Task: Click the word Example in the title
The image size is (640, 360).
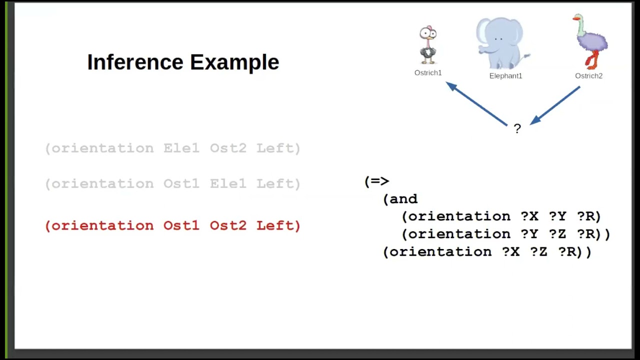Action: [x=234, y=62]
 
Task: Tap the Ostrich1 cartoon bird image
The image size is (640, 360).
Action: [x=428, y=45]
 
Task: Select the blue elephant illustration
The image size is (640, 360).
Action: [x=501, y=44]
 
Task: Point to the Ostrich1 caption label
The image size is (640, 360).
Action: [x=428, y=73]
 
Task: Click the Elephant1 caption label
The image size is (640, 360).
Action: [x=505, y=76]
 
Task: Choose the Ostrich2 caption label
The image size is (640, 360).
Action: [x=588, y=76]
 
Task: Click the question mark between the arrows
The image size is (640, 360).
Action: [x=517, y=128]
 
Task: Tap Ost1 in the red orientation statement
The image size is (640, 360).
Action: [x=181, y=225]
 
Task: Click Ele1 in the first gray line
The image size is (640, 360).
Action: [x=181, y=148]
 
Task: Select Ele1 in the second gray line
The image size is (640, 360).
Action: [x=228, y=184]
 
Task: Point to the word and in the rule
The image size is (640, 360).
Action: [x=403, y=199]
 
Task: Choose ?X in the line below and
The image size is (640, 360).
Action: [x=529, y=216]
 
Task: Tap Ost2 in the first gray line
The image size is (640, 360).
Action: [x=228, y=148]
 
